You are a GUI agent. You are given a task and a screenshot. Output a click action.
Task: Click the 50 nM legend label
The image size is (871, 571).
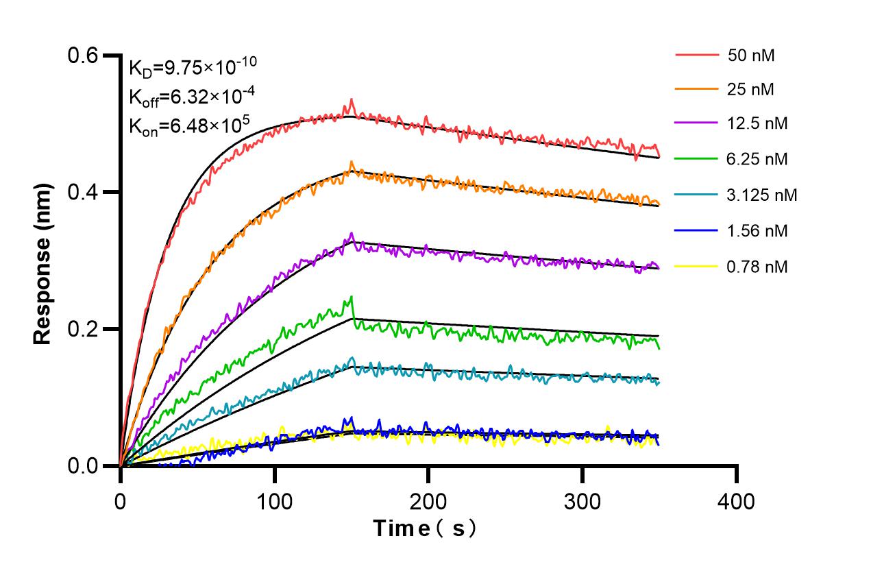(x=752, y=56)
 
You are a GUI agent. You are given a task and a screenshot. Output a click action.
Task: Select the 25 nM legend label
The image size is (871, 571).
(x=752, y=89)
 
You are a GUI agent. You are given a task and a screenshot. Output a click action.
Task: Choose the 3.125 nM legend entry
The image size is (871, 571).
(x=762, y=195)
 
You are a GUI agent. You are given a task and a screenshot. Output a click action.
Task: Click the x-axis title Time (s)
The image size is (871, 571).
(x=424, y=529)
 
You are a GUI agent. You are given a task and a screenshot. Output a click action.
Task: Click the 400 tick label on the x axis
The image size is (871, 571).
(x=736, y=502)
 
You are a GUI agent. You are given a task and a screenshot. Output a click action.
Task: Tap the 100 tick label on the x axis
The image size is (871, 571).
(x=274, y=502)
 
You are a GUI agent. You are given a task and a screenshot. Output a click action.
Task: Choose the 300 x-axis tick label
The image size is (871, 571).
(x=582, y=502)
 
